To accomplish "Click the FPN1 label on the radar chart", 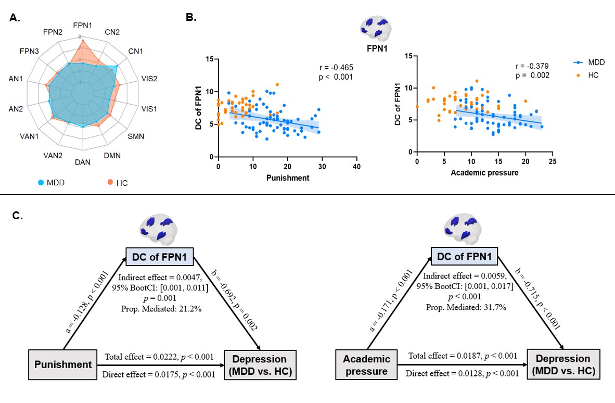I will point(83,25).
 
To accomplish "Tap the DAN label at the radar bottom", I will point(83,162).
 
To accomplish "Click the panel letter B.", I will point(191,17).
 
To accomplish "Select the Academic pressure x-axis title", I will point(484,172).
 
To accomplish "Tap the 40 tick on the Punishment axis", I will point(356,166).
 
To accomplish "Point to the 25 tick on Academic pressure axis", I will point(552,162).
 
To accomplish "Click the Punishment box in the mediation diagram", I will point(63,364).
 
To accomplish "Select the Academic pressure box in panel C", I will point(366,364).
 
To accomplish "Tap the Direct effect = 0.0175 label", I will point(159,374).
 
